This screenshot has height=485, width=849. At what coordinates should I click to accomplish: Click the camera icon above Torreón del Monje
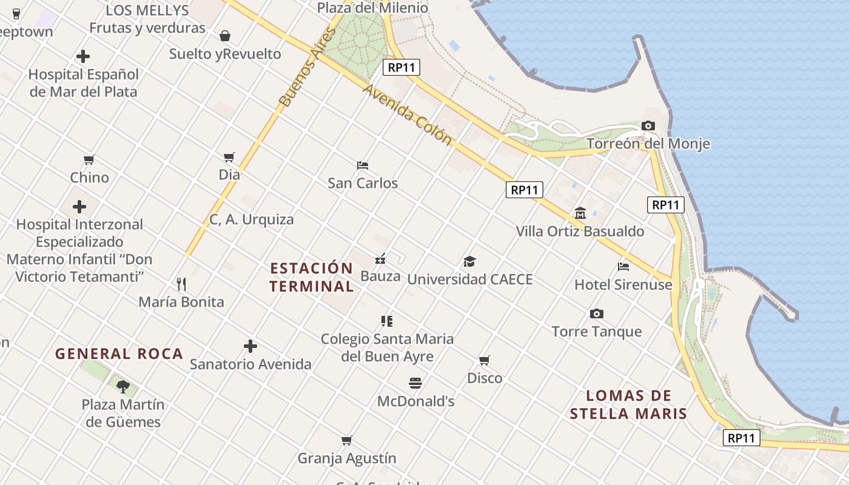coord(648,126)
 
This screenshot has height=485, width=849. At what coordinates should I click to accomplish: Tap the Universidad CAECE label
coord(470,279)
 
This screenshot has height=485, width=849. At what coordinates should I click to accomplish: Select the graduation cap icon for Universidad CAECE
coord(469,262)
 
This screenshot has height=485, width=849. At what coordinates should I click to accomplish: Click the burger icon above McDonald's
coord(415,383)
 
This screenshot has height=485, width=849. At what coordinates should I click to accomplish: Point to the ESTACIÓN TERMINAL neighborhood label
coord(312,277)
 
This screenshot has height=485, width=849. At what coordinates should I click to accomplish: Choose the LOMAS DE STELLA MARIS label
coord(628,405)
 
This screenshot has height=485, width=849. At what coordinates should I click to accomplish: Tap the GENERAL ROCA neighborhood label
coord(119,353)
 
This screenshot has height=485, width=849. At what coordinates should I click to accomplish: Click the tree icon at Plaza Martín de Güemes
coord(123,386)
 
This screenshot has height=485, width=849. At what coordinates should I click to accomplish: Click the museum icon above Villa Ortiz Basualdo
coord(580,213)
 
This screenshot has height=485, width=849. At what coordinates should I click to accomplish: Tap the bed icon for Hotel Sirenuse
coord(623,266)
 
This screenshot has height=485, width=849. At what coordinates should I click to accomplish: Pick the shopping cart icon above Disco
coord(484,361)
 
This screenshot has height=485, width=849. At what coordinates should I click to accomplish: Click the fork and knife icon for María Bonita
coord(181,284)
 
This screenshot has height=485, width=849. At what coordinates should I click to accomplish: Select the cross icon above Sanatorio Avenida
coord(250,346)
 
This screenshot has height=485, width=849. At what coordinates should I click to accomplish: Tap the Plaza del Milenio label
coord(372,8)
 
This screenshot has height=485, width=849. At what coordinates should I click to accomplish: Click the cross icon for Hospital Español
coord(83,57)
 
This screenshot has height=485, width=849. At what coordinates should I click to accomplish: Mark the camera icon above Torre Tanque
coord(596,313)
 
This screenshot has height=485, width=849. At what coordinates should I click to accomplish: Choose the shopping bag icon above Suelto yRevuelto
coord(225,36)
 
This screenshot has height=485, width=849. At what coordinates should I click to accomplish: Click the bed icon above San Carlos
coord(363,165)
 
